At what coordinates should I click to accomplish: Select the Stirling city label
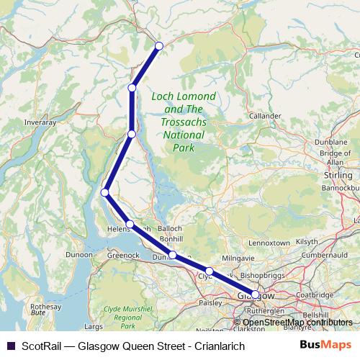[338, 175]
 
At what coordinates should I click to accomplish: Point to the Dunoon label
[78, 254]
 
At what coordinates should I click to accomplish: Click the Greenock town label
[122, 254]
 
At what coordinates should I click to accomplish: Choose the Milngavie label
[239, 257]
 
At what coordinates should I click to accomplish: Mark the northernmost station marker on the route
[159, 46]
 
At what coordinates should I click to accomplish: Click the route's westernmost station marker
[105, 192]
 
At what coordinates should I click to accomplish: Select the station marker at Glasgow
[255, 294]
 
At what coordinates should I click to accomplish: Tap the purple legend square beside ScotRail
[10, 346]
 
